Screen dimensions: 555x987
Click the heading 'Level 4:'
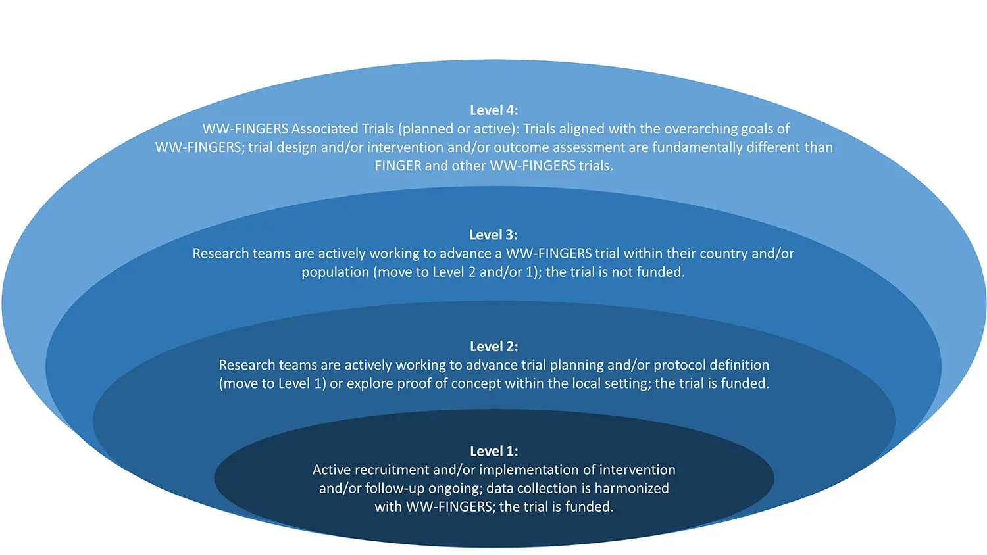click(x=493, y=110)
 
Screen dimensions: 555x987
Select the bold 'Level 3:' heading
click(x=493, y=235)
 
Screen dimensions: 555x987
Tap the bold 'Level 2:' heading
click(x=493, y=347)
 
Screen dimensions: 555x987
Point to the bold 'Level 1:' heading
click(x=493, y=452)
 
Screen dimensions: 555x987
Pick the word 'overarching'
click(x=684, y=129)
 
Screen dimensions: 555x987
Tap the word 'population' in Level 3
click(x=335, y=272)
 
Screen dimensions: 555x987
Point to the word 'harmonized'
click(x=632, y=489)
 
